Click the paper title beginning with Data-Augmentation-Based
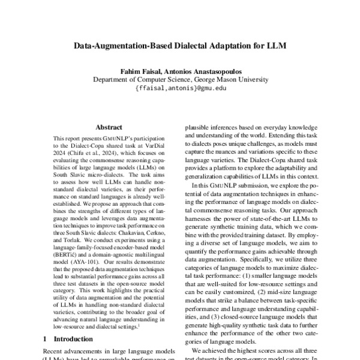[179, 45]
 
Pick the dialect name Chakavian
[139, 235]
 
